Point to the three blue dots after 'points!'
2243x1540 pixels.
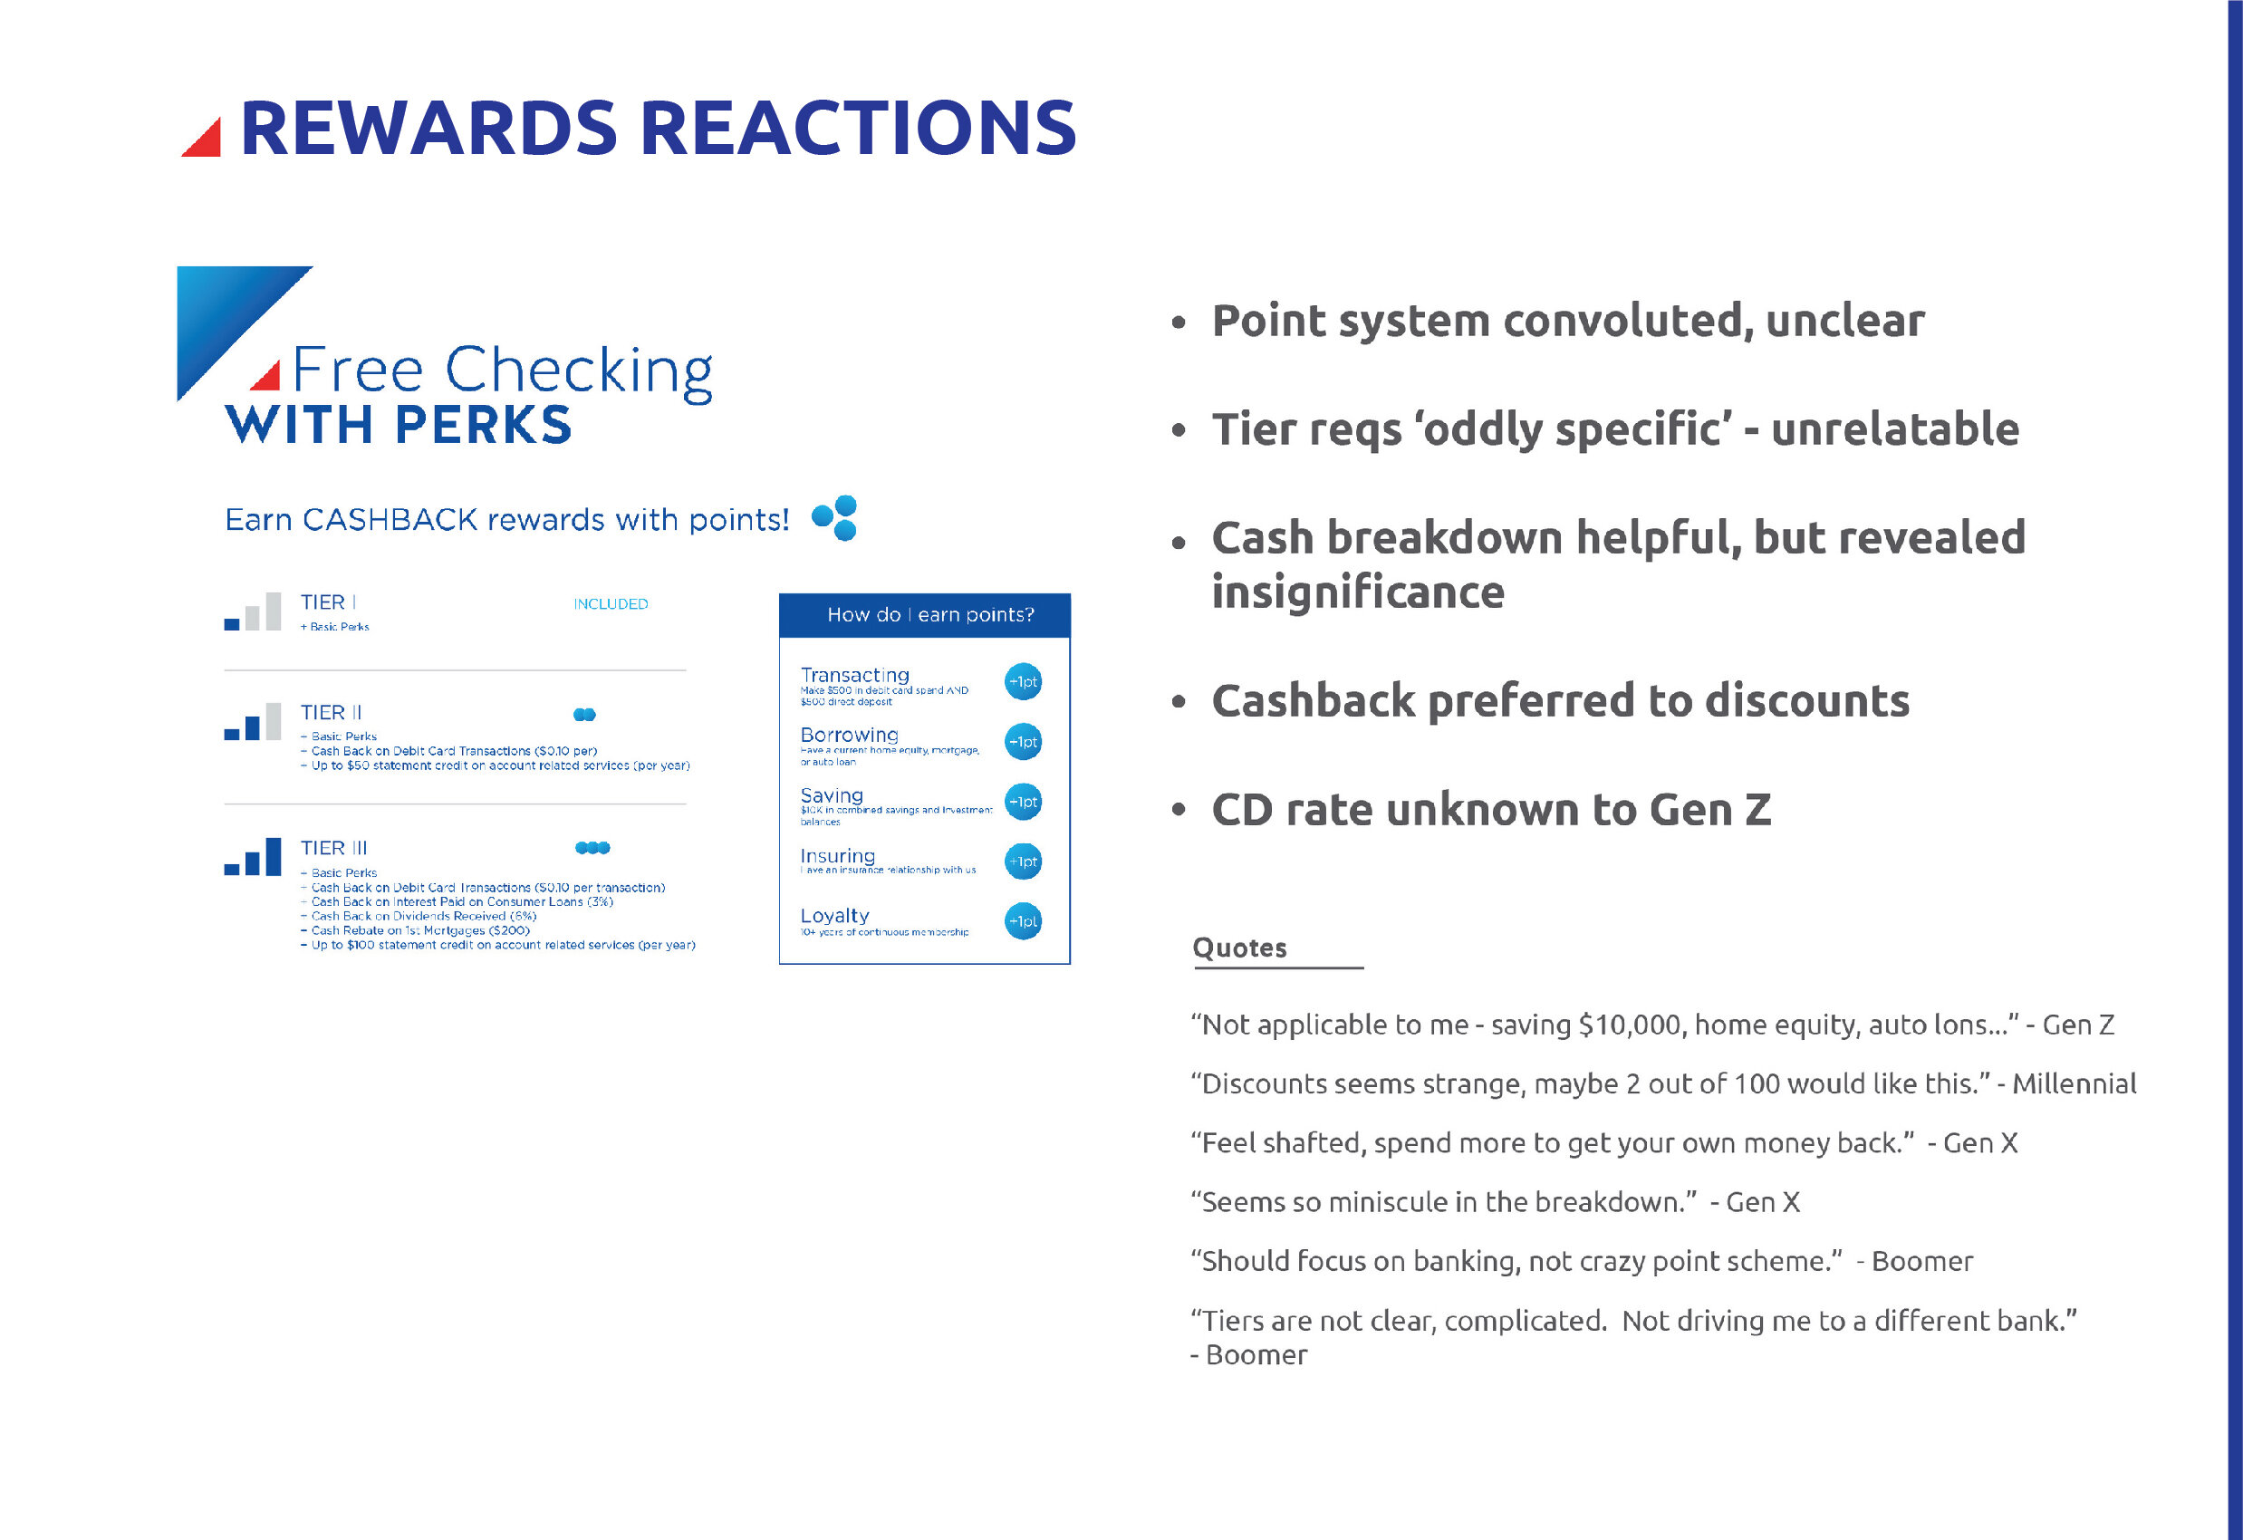point(836,518)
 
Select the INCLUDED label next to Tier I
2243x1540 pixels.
point(610,604)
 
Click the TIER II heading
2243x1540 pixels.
point(331,712)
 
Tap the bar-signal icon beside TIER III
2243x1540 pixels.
point(253,856)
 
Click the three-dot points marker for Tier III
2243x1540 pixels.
point(592,847)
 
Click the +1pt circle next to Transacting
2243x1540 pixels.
point(1022,682)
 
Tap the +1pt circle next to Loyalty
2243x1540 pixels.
point(1022,921)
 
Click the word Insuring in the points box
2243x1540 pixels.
point(837,856)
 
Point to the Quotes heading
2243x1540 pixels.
point(1239,948)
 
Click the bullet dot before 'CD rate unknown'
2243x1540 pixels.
point(1178,810)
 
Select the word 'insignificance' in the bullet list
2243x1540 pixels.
point(1357,592)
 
